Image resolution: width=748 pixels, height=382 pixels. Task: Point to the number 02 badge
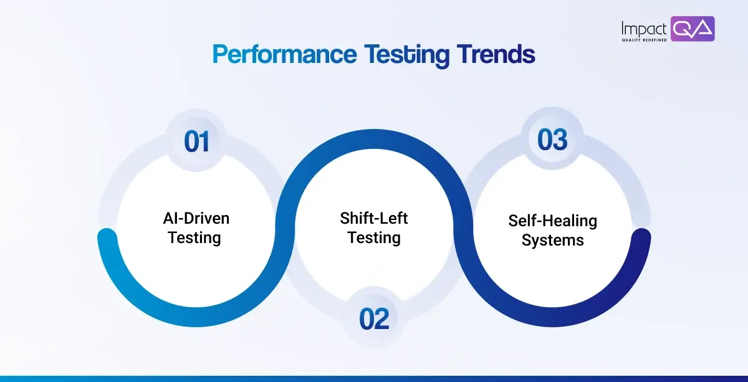374,319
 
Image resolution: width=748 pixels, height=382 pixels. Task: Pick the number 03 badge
552,140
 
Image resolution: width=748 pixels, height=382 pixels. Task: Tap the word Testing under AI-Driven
194,237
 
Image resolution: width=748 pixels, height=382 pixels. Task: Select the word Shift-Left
374,218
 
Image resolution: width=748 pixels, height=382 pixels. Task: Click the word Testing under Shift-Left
374,237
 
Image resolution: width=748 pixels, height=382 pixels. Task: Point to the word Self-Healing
552,221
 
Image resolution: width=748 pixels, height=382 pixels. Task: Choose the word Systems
552,241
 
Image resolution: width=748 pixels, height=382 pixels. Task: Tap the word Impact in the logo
644,27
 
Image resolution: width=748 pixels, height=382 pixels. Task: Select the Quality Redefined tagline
644,40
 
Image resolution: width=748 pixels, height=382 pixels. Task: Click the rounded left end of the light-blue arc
107,237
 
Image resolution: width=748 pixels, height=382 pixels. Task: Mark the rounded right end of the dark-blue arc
641,237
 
